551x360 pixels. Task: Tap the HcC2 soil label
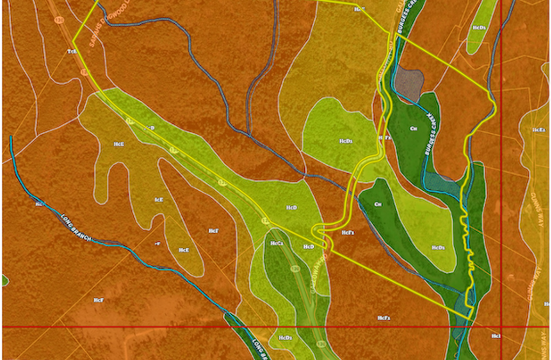(x=277, y=243)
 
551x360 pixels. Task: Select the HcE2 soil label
(x=539, y=130)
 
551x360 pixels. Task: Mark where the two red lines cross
(x=501, y=327)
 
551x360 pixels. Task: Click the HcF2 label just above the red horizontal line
(x=383, y=318)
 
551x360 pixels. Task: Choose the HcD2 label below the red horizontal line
(x=285, y=338)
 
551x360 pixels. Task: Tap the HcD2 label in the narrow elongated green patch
(x=480, y=28)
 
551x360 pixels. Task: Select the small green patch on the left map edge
(x=5, y=280)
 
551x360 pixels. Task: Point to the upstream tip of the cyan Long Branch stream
(x=11, y=137)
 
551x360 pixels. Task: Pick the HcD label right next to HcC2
(x=309, y=247)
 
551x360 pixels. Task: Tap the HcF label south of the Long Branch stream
(x=98, y=300)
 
